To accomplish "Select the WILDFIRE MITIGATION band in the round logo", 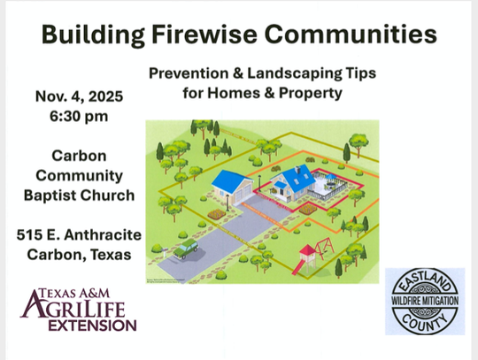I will click(x=424, y=300).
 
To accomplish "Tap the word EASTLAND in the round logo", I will click(x=424, y=280).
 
